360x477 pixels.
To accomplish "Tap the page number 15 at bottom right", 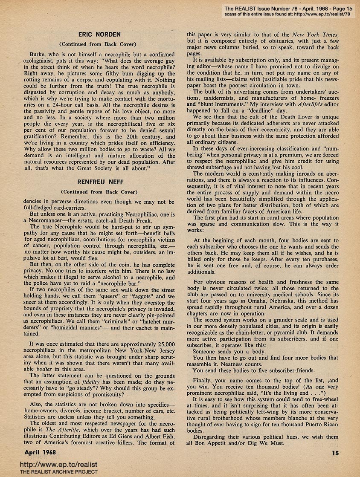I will pyautogui.click(x=335, y=453).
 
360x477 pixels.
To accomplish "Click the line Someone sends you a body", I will pyautogui.click(x=229, y=351).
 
